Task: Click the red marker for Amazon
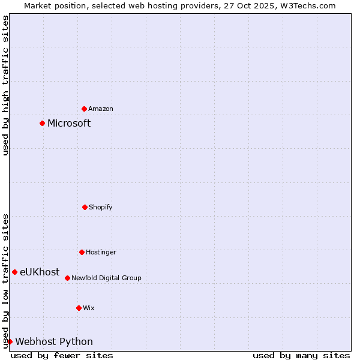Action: coord(84,109)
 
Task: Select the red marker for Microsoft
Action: coord(42,123)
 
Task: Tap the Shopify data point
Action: coord(85,207)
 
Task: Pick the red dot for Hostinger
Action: coord(82,252)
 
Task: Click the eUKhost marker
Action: coord(14,272)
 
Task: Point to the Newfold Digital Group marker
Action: coord(67,278)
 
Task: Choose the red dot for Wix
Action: coord(79,308)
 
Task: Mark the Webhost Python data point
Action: coord(10,341)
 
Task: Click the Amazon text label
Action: coord(101,109)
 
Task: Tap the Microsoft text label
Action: coord(69,123)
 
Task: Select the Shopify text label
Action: coord(101,207)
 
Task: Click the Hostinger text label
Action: coord(101,252)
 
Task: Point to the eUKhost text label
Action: coord(40,272)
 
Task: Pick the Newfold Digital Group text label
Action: coord(106,278)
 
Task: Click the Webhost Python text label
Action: coord(54,341)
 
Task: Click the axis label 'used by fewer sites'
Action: coord(62,355)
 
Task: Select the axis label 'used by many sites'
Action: coord(301,355)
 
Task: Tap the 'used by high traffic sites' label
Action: coord(5,85)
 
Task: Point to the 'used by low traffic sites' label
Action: coord(5,281)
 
